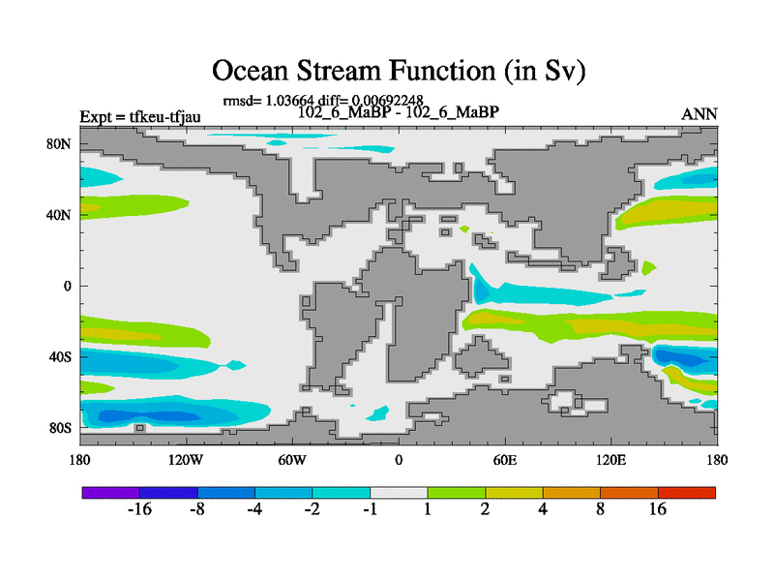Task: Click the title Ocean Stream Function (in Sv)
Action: tap(399, 71)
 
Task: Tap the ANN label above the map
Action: tap(699, 114)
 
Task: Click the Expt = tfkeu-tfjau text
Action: tap(140, 116)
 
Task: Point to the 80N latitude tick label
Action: tap(59, 144)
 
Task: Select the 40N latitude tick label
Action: tap(59, 215)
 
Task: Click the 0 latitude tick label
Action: tap(67, 286)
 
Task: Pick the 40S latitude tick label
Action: tap(60, 356)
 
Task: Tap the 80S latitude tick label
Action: tap(60, 428)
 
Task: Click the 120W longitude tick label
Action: tap(186, 461)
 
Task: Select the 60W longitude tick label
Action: tap(292, 461)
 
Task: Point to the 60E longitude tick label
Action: tap(505, 461)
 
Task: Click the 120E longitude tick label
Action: tap(611, 461)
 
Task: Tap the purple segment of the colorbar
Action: tap(111, 493)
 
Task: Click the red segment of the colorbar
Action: tap(687, 493)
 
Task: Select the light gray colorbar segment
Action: tap(399, 493)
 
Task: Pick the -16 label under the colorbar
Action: tap(139, 509)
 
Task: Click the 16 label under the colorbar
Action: tap(658, 509)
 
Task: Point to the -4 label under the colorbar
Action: tap(254, 509)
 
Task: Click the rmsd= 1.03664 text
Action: tap(268, 101)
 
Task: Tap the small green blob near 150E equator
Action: tap(648, 268)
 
